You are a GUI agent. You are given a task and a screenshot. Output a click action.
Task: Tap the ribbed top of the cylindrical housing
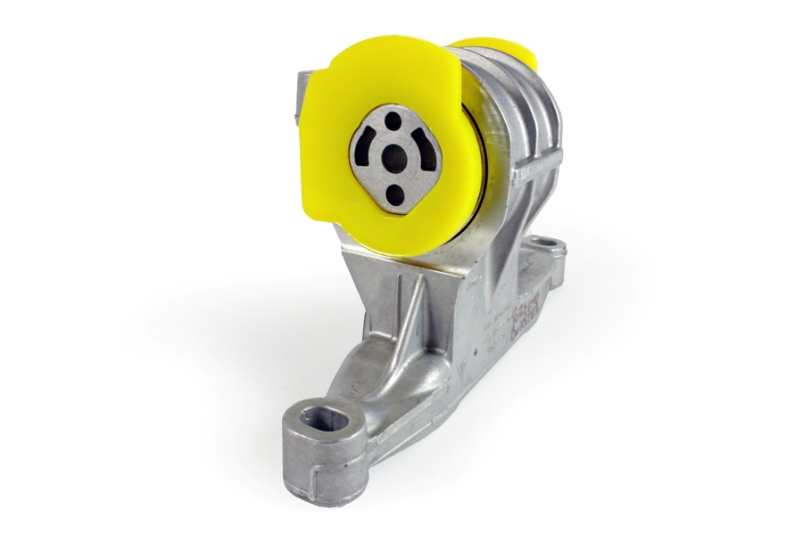point(517,89)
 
